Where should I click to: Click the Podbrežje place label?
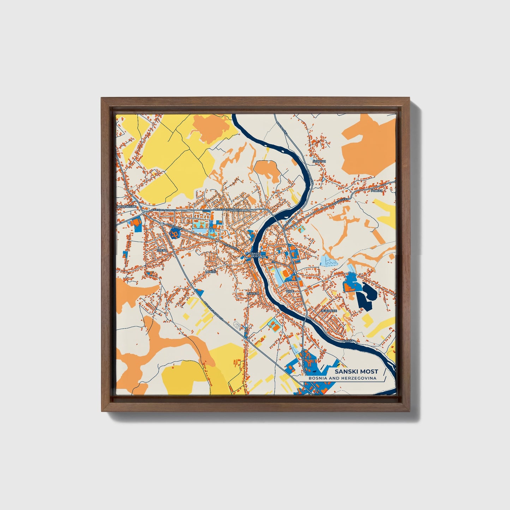coord(126,207)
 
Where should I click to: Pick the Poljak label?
coord(377,191)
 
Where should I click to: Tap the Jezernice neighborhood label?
coord(329,311)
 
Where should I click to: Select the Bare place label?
coord(290,291)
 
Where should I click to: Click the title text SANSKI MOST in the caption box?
coord(356,371)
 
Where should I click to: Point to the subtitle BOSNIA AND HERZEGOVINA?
coord(342,378)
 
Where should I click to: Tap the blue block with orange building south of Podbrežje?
coord(136,224)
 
